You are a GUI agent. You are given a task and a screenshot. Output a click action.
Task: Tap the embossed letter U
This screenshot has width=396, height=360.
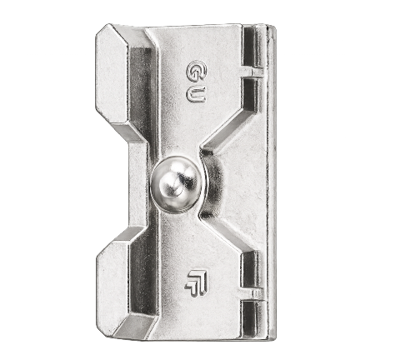coord(196,93)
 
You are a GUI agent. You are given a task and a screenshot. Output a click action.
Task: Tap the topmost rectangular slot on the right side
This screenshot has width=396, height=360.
coord(253,47)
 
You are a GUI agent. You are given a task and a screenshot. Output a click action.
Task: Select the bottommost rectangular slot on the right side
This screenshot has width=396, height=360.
coord(252,318)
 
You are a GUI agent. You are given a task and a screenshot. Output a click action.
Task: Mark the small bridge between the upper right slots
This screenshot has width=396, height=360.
coord(253,72)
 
